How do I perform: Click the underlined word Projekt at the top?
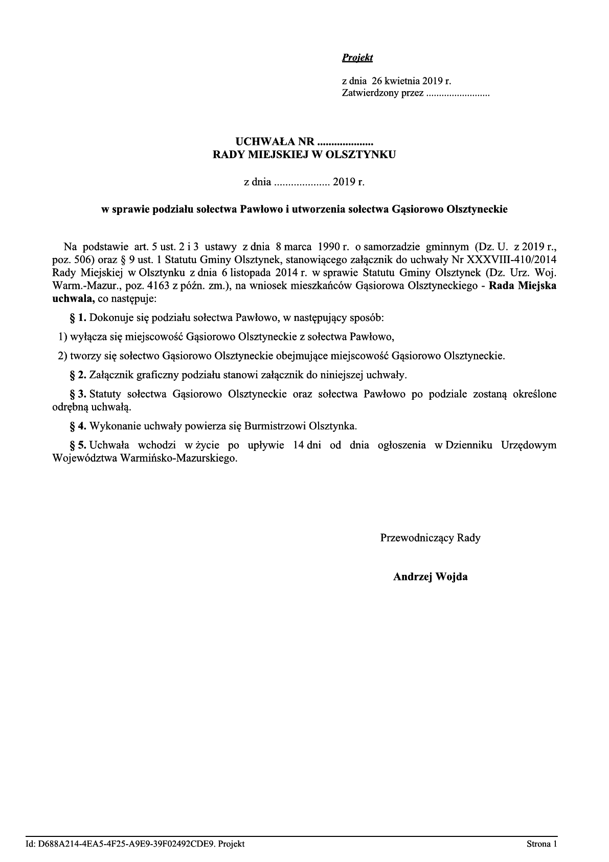[357, 58]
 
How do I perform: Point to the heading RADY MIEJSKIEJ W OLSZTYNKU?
[304, 155]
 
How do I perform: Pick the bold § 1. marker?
[78, 318]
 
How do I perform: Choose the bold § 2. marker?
[78, 375]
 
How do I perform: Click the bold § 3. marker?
[78, 395]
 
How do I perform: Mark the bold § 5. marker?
[78, 445]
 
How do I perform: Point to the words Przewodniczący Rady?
[430, 538]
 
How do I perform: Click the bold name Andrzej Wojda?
[430, 577]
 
